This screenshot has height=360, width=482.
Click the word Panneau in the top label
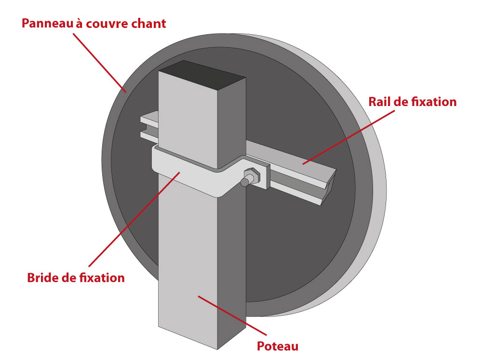(x=48, y=24)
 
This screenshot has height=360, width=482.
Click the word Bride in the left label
(x=43, y=278)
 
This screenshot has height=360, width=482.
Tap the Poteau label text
(x=278, y=346)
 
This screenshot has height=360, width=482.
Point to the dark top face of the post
(x=202, y=74)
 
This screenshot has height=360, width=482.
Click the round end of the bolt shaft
(x=244, y=183)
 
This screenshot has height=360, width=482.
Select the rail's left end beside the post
(x=149, y=128)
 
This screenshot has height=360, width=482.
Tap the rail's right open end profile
(x=329, y=187)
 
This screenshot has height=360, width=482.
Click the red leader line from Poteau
(x=232, y=316)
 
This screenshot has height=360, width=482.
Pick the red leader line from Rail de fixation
(x=348, y=137)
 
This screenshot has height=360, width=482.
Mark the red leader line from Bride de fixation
(x=134, y=219)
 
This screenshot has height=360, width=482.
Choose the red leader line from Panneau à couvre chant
(x=99, y=63)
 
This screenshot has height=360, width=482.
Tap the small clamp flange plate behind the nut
(x=264, y=177)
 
